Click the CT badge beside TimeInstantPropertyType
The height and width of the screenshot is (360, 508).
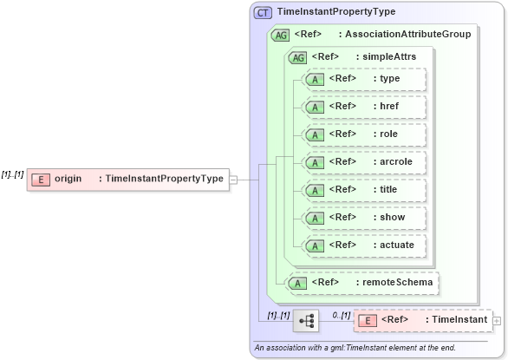pyautogui.click(x=262, y=12)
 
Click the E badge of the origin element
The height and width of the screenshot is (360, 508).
pyautogui.click(x=40, y=179)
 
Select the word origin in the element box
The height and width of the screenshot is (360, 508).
pyautogui.click(x=68, y=179)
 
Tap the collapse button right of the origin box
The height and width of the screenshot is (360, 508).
pyautogui.click(x=233, y=180)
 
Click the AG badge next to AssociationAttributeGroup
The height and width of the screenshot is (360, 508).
pyautogui.click(x=280, y=36)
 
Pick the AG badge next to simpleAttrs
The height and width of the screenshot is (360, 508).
pyautogui.click(x=297, y=57)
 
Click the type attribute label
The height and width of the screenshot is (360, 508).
pyautogui.click(x=389, y=78)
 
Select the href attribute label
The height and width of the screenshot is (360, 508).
pyautogui.click(x=389, y=106)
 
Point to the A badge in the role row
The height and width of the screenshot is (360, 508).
pyautogui.click(x=316, y=134)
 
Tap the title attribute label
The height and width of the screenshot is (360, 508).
pyautogui.click(x=389, y=189)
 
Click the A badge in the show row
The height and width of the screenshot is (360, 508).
pyautogui.click(x=316, y=217)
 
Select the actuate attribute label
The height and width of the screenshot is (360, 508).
pyautogui.click(x=396, y=245)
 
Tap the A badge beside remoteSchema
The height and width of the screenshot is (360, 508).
pyautogui.click(x=298, y=283)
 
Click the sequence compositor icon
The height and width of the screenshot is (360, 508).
pyautogui.click(x=306, y=320)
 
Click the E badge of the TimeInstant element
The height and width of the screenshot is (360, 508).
pyautogui.click(x=367, y=321)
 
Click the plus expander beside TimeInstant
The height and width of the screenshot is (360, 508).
pyautogui.click(x=497, y=321)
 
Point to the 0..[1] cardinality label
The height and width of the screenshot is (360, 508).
pyautogui.click(x=342, y=314)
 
